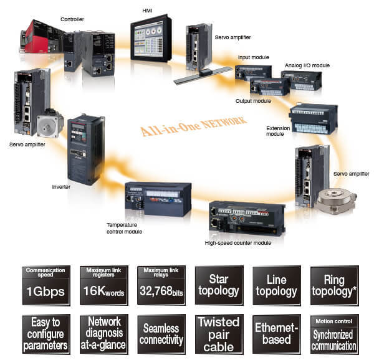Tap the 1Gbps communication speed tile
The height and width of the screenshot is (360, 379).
46,285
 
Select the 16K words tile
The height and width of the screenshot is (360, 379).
103,285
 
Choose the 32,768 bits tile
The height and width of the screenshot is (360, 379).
161,285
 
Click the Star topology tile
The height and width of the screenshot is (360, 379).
218,285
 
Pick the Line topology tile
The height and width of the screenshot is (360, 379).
276,285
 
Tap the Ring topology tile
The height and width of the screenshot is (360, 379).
334,285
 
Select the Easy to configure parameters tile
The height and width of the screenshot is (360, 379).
46,334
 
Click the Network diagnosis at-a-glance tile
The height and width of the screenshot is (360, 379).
103,334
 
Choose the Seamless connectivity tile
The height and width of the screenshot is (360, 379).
161,334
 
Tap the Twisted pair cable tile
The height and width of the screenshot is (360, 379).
218,334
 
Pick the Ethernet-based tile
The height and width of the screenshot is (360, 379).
276,334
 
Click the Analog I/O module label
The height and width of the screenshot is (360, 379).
308,65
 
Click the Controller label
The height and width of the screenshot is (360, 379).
72,19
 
